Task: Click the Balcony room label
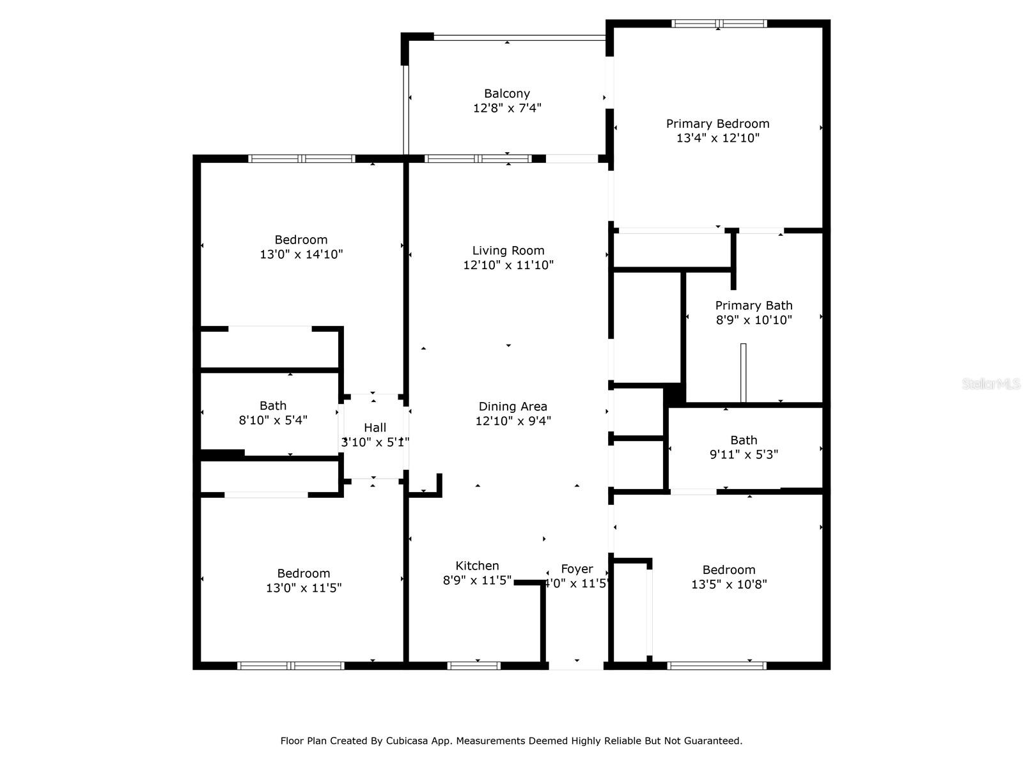[506, 93]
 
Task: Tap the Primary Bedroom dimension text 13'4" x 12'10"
[717, 138]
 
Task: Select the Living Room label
[508, 251]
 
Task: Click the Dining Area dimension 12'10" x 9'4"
[513, 421]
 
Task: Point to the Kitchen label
[477, 566]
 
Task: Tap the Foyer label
[577, 569]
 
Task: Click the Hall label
[375, 428]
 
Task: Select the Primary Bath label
[753, 306]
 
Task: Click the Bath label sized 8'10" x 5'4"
[273, 406]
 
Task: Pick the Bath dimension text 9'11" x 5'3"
[744, 454]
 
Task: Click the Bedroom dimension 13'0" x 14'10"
[301, 254]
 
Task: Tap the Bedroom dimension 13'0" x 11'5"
[304, 588]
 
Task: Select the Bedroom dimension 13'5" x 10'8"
[729, 584]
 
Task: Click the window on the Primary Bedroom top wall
[719, 24]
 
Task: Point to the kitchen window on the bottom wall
[474, 666]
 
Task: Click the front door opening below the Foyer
[576, 666]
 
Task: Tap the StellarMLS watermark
[990, 384]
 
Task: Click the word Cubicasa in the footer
[407, 741]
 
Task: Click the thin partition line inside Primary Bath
[743, 373]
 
